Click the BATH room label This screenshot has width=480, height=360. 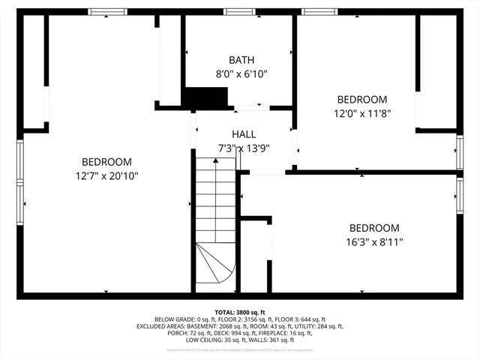[241, 60]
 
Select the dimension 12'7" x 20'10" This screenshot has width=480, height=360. [106, 175]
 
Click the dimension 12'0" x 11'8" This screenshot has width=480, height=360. [362, 113]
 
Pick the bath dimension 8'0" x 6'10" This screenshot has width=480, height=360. [241, 74]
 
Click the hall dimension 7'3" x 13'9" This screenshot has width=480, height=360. [244, 148]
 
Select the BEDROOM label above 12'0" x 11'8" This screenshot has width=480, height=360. [362, 99]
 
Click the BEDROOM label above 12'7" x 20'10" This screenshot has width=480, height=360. [106, 161]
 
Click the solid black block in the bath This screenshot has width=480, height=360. [205, 97]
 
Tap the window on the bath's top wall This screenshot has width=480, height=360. [238, 11]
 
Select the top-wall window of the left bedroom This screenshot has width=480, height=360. [107, 11]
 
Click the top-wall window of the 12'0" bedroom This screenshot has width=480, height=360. [319, 11]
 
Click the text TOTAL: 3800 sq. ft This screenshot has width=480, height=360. [240, 312]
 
